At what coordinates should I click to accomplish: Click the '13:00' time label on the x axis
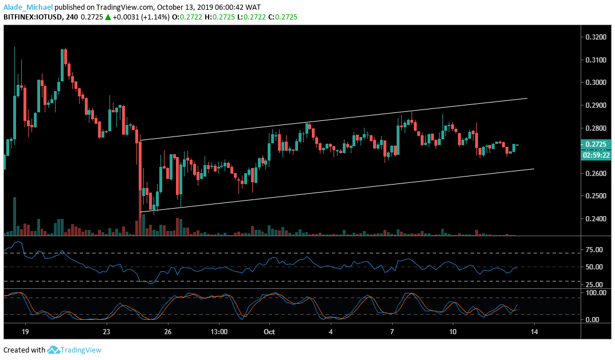coord(219,332)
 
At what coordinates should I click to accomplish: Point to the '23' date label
coord(107,332)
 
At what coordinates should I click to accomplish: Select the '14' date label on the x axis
coord(534,332)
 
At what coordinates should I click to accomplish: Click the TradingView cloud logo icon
coord(54,350)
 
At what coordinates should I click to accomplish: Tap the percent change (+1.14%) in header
coord(152,17)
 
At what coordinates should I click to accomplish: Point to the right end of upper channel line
coord(527,98)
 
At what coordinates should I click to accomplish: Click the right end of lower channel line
coord(534,169)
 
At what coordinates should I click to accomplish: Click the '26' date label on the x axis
coord(168,332)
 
